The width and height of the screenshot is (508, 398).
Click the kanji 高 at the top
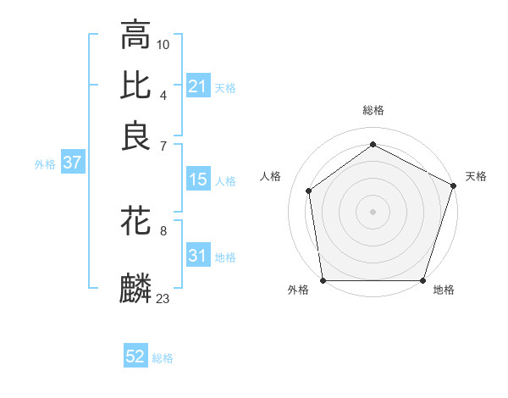click(135, 36)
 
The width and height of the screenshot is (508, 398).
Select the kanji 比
click(135, 86)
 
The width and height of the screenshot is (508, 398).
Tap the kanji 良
click(135, 135)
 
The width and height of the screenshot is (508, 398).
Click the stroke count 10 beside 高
click(163, 44)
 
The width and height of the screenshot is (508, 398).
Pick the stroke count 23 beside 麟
click(163, 298)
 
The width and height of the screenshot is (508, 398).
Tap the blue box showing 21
click(198, 86)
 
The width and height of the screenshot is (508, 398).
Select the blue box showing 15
click(198, 180)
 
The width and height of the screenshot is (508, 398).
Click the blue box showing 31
click(198, 256)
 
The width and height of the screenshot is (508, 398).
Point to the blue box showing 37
click(72, 163)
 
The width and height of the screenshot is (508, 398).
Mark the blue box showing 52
click(135, 357)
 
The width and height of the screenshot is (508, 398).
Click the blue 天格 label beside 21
click(225, 88)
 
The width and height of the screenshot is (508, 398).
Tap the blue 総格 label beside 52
click(163, 358)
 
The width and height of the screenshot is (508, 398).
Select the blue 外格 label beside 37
click(45, 164)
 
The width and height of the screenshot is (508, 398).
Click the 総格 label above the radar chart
click(373, 110)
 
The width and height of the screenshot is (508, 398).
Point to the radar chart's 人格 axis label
click(271, 176)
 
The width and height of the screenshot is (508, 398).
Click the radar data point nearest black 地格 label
click(422, 280)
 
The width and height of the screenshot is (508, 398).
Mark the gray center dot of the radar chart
click(373, 211)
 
